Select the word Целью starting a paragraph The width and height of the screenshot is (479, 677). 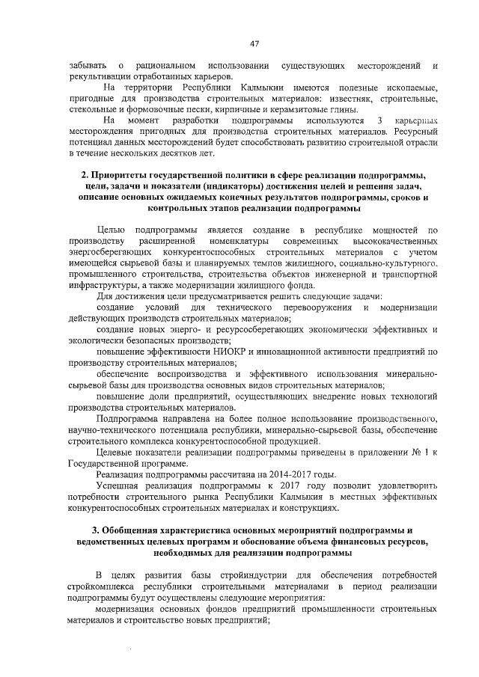point(111,228)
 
